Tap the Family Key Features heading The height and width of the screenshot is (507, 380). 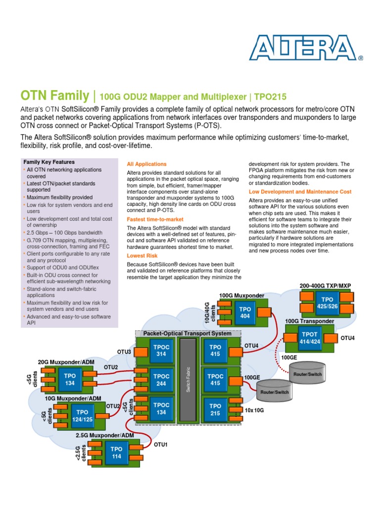coord(49,162)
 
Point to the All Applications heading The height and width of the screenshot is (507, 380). coord(146,164)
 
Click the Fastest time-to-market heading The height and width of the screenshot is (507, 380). coord(155,219)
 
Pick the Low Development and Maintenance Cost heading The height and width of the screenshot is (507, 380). coord(300,191)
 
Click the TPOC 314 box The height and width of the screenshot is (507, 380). coord(161,351)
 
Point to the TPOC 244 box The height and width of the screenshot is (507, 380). coord(161,379)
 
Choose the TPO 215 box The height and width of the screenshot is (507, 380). coord(215,409)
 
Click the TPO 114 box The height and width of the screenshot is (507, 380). coord(116,453)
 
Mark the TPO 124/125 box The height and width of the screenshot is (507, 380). coord(82,415)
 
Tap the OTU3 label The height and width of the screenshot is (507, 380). coord(124,352)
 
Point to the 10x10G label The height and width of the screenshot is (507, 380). coord(254,410)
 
